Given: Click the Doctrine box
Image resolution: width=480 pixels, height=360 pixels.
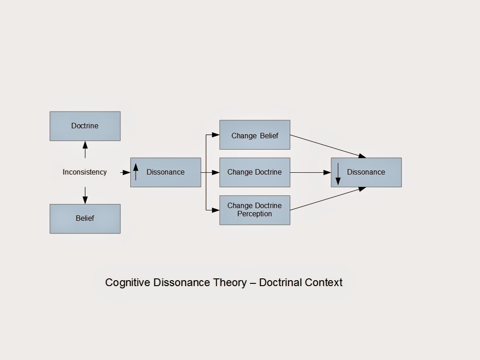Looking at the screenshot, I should (85, 126).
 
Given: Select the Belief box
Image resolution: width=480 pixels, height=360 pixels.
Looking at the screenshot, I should (85, 219).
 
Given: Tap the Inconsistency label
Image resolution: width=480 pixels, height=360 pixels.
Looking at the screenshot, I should (84, 172).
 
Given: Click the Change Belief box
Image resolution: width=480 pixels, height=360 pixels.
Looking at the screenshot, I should (255, 135).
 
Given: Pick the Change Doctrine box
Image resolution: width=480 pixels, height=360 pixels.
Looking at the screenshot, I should (255, 172).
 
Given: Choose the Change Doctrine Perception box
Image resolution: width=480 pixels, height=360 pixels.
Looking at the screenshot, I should (255, 209).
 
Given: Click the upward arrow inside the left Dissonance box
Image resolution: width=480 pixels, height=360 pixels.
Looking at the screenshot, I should (136, 172).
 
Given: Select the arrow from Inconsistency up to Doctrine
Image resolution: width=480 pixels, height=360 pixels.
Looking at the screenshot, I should (85, 150).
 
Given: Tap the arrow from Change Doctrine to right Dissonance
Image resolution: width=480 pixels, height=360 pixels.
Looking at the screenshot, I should (311, 172).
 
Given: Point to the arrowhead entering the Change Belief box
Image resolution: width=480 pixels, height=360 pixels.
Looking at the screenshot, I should (216, 135).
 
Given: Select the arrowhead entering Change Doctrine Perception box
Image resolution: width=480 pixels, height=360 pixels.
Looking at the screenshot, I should (216, 210).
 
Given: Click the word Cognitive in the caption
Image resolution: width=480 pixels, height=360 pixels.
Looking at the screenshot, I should (128, 282).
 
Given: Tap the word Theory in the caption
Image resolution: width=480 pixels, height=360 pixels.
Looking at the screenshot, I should (230, 282).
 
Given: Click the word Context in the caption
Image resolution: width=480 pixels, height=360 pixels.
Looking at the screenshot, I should (323, 282).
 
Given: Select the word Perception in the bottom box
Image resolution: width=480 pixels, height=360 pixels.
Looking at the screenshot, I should (255, 214).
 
